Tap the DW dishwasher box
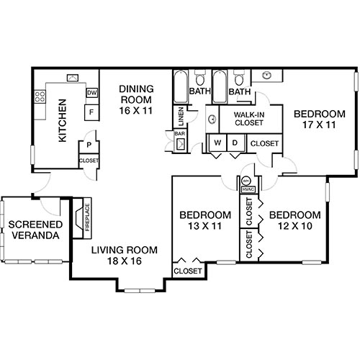(x=92, y=93)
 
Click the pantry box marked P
(x=88, y=144)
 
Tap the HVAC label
(x=248, y=189)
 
